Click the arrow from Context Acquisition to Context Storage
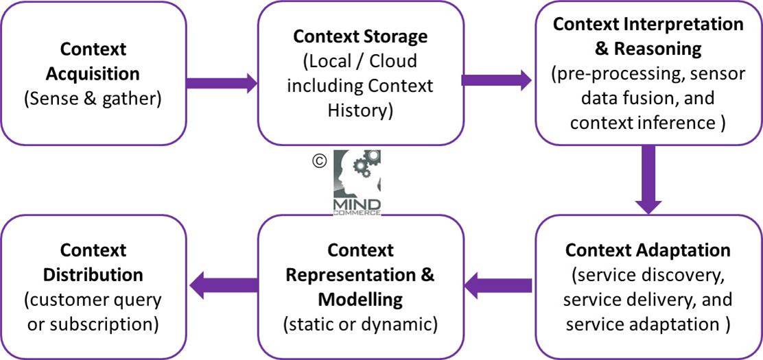click(221, 84)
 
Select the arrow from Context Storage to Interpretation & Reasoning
click(495, 80)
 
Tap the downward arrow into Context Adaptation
click(648, 180)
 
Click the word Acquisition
click(93, 73)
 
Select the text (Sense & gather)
click(93, 97)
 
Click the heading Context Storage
click(360, 36)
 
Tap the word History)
click(360, 110)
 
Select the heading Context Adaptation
click(648, 249)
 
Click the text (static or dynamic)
click(360, 324)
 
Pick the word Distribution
click(93, 274)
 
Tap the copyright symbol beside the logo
click(318, 160)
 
